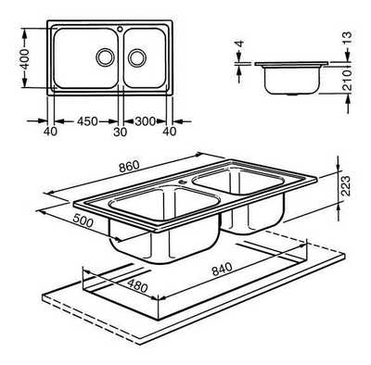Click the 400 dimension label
pos(24,58)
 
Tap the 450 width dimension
pos(87,121)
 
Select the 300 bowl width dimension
pos(146,121)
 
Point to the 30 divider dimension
pos(121,132)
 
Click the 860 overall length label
pos(129,167)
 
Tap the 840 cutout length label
pos(222,269)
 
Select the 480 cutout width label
pos(137,286)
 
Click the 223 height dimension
pos(346,185)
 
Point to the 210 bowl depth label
pos(348,81)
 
